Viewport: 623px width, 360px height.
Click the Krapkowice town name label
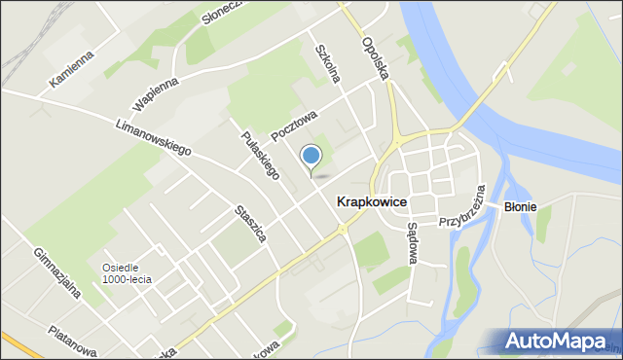[x=371, y=201]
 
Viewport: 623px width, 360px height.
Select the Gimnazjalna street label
[x=54, y=274]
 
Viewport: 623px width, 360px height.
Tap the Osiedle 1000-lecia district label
[x=127, y=273]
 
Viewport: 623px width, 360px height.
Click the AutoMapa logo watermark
[x=561, y=341]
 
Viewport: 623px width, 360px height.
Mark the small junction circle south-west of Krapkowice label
[x=342, y=230]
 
